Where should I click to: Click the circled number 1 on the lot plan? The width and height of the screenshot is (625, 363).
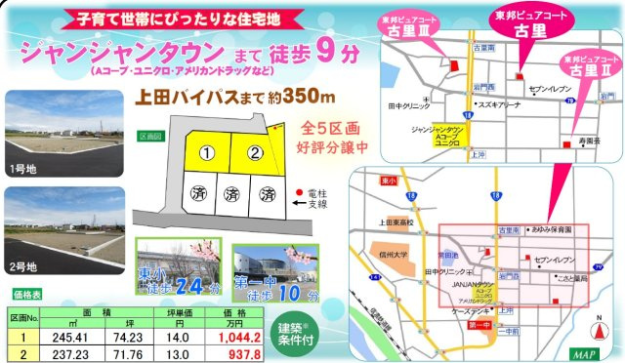coord(206,153)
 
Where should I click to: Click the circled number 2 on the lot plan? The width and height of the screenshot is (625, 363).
coord(254,153)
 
